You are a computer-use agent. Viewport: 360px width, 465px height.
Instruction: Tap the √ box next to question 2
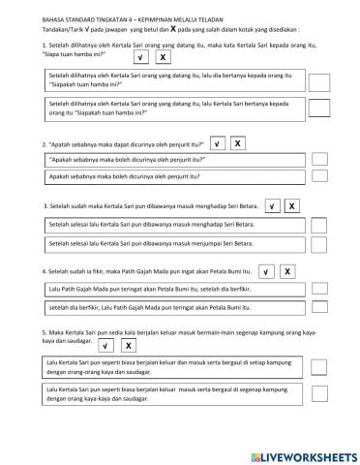coord(218,145)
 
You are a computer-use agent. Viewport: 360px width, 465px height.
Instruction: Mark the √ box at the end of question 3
coord(272,206)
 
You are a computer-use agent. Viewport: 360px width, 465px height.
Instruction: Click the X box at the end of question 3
coord(292,206)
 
